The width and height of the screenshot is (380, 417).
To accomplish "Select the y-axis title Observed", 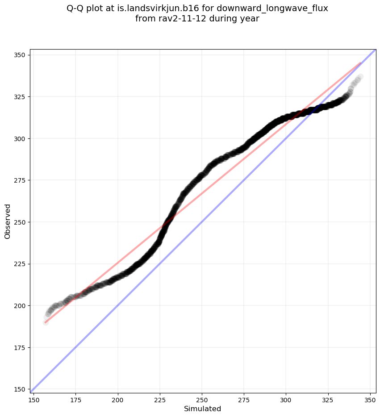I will coord(8,221).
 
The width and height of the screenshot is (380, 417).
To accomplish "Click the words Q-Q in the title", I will coord(78,8).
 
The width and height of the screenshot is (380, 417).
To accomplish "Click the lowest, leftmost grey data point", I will coord(46,322).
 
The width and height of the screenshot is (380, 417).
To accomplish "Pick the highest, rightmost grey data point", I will coord(360,77).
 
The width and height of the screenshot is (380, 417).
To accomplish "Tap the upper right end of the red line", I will coord(360,63).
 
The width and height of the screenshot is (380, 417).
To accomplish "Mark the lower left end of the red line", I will coord(46,322).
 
